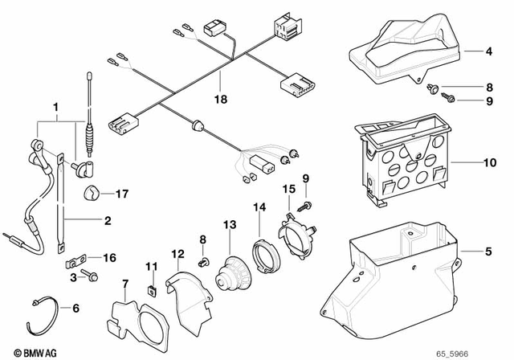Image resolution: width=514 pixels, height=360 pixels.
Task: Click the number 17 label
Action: tap(121, 194)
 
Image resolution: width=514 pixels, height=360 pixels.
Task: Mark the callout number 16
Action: tap(109, 257)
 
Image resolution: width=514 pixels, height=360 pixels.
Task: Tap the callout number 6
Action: tap(75, 308)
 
